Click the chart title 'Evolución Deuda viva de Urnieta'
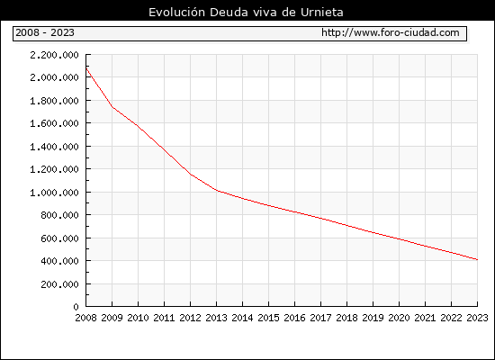246,13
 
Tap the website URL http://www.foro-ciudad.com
391,32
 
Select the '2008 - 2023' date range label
45,32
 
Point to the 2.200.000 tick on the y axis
54,55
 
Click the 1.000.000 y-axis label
54,193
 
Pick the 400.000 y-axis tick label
59,261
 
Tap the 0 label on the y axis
76,307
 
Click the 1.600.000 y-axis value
54,123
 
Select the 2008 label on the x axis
85,318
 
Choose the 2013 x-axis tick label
216,318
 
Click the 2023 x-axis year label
477,318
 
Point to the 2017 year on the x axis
320,318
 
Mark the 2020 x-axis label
399,318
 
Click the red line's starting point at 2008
86,68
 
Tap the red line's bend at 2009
112,107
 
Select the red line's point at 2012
191,175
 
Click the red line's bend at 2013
217,191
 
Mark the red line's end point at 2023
477,259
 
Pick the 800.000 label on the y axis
59,215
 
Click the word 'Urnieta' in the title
321,13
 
